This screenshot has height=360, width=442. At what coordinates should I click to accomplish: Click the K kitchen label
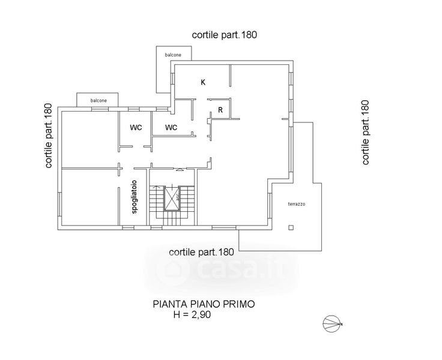203,82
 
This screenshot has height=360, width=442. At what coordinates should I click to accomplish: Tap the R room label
221,110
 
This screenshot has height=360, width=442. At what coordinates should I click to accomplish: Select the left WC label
136,127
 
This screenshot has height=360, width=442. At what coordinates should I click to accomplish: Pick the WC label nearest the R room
171,127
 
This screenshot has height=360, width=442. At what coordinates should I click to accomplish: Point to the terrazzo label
296,205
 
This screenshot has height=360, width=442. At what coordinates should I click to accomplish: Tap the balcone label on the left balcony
99,100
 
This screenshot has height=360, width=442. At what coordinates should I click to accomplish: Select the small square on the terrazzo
291,227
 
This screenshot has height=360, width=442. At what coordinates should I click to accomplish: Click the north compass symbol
331,324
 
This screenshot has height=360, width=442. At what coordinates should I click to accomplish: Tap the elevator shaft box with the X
172,200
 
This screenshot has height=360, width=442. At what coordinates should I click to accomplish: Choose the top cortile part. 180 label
225,35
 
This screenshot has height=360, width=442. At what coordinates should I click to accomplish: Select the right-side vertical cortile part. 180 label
365,133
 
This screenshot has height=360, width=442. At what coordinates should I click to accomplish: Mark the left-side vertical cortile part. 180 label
49,136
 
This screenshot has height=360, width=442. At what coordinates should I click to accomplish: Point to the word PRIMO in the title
238,304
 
